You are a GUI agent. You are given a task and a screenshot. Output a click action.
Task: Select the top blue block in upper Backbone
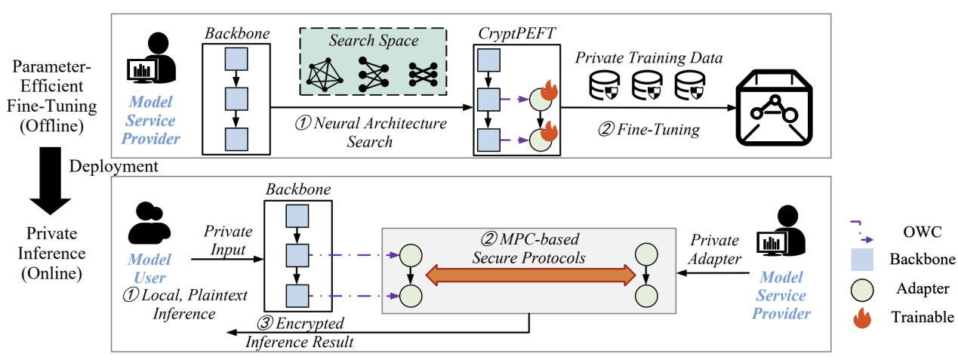click(236, 59)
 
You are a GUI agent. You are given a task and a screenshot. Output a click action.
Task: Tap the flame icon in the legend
click(864, 318)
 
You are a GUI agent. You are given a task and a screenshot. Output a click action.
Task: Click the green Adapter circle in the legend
click(864, 289)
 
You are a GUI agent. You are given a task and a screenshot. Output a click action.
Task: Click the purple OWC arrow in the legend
click(862, 229)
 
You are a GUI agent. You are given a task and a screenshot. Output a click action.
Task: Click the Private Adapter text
click(716, 249)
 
